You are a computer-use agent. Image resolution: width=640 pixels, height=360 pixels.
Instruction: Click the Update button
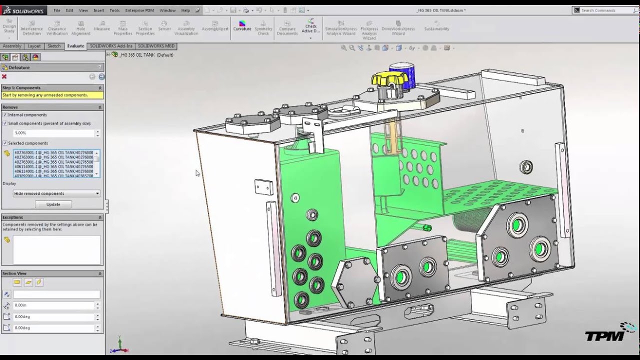coord(53,204)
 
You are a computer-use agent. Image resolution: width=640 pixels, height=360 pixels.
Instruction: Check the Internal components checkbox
coord(5,115)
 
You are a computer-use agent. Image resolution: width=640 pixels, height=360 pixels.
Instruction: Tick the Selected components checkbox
coord(5,143)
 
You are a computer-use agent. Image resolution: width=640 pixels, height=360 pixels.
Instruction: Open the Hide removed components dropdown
coord(56,193)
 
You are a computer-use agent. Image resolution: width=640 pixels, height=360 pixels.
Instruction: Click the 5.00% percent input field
coord(53,133)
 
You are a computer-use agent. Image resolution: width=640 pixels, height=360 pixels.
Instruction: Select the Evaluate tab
coord(75,46)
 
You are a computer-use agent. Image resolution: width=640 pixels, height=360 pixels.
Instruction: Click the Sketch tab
coord(54,46)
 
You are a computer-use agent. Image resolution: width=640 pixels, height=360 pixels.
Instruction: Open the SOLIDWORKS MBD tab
coord(156,46)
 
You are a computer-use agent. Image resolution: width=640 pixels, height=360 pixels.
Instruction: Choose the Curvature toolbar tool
coord(242,26)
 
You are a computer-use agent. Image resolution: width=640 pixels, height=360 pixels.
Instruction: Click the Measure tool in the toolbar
coord(101,26)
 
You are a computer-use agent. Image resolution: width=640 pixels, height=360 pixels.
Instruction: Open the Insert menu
coord(98,10)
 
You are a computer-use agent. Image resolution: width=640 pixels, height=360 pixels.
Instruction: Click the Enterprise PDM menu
coord(139,10)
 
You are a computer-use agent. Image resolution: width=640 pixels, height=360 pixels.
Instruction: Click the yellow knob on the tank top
coord(390,79)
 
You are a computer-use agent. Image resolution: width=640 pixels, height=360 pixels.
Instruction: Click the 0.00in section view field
coord(53,305)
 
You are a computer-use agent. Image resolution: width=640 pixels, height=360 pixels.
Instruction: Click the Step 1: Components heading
coord(21,87)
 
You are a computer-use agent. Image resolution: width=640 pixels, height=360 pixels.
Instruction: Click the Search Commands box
coord(605,10)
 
